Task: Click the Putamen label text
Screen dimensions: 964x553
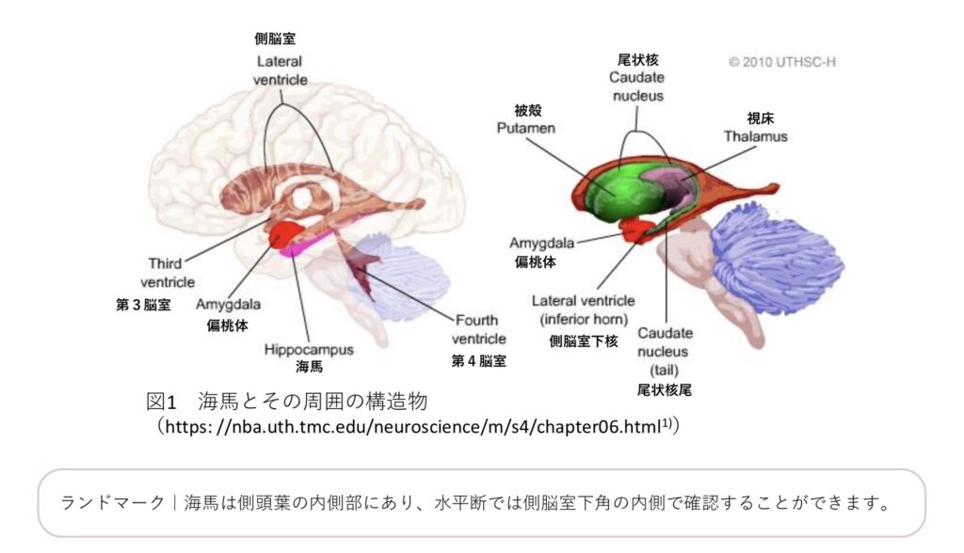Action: pos(525,129)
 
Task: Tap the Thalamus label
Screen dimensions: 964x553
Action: pos(756,136)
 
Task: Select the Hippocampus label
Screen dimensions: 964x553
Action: pos(309,350)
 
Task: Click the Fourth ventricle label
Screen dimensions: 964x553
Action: pos(479,329)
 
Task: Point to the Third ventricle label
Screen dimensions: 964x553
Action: pos(168,273)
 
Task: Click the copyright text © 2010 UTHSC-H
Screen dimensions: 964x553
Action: pos(782,62)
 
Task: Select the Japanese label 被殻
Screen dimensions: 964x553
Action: pos(528,111)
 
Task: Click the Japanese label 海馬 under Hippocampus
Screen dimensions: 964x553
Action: pos(309,367)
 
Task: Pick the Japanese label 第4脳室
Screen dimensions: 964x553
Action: pos(479,361)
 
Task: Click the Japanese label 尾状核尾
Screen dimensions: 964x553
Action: pos(665,390)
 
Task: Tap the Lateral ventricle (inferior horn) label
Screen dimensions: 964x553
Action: pos(584,310)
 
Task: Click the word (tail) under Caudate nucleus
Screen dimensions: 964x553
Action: pos(664,371)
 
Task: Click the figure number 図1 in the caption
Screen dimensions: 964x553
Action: pos(162,402)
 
